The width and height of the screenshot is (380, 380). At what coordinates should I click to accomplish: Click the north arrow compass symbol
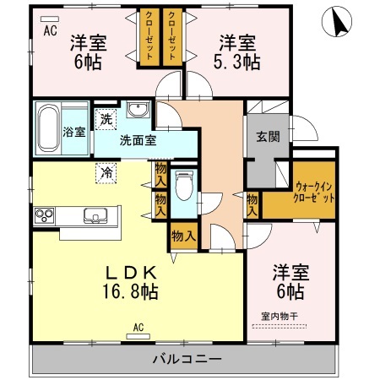pos(337,22)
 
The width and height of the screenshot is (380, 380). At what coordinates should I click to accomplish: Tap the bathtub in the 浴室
pos(49,128)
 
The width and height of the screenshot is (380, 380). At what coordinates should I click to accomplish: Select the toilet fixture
pos(184,186)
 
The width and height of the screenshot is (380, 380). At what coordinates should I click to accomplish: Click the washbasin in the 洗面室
pos(138,110)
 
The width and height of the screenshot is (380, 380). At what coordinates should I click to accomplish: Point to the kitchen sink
pos(95,215)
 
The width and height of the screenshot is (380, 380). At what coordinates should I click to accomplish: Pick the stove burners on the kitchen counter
pos(44,215)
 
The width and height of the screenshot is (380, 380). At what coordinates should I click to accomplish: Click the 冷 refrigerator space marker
pos(106,173)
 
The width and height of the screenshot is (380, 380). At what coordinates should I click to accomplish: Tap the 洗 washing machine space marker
pos(106,119)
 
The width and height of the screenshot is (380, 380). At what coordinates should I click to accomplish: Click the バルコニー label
pos(187,359)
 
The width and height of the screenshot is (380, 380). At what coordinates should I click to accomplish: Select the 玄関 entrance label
pos(268,137)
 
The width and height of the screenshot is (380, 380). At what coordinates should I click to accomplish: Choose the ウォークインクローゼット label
pos(313,193)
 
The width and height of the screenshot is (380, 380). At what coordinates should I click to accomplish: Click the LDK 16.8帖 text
pos(131,282)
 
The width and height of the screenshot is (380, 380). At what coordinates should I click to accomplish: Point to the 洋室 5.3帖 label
pos(237,52)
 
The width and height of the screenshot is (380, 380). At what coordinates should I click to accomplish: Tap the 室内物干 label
pos(280,317)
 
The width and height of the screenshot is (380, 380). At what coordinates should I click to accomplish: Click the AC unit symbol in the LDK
pos(138,336)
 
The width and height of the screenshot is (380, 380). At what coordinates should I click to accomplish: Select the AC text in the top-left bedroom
pos(51,30)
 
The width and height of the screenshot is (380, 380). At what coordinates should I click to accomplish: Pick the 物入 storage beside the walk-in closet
pos(252,204)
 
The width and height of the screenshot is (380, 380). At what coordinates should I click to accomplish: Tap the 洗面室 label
pos(138,140)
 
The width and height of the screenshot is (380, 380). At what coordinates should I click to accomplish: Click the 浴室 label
pos(73,132)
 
